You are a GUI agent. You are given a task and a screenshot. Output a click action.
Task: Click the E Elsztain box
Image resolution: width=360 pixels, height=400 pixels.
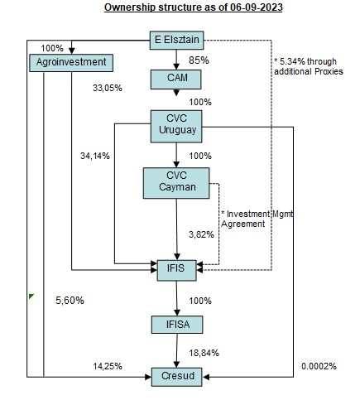pos(176,41)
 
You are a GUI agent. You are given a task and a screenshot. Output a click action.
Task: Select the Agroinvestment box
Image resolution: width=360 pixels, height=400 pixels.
pos(71,63)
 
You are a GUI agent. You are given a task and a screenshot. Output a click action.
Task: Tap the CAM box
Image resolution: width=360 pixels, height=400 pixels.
pos(175,80)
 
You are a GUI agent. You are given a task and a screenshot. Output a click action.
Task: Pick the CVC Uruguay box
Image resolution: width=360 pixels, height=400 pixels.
pos(176,127)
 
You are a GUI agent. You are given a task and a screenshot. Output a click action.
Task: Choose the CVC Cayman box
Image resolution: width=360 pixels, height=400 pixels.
pos(176,183)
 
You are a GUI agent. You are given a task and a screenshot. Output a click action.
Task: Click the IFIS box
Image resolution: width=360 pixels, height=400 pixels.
pos(176,270)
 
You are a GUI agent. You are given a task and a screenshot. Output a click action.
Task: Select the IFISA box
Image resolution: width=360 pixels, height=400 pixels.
pos(177,325)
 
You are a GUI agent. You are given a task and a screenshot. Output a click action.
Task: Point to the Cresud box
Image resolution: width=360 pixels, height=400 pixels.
pos(177,377)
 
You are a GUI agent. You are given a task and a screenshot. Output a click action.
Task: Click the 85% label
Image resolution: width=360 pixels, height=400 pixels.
pos(199,60)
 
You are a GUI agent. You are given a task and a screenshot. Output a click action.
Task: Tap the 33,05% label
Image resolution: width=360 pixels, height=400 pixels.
pos(108,88)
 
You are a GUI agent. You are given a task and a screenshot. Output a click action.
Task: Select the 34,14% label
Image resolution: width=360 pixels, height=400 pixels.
pos(95,156)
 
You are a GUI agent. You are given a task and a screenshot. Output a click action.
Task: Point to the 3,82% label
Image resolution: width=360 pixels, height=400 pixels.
pos(201,234)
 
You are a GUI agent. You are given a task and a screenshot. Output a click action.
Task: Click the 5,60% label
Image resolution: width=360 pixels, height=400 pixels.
pos(70,301)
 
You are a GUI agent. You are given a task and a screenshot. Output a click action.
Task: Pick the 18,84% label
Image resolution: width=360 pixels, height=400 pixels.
pos(204,353)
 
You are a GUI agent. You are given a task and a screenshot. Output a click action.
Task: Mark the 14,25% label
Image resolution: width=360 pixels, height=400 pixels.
pos(108,366)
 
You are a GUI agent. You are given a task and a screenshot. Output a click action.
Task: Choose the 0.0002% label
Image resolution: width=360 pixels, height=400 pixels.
pos(319,366)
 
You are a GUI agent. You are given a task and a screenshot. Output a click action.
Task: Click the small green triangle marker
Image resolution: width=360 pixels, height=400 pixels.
pos(31,296)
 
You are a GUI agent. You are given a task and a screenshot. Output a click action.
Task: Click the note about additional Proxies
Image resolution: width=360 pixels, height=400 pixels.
pos(309,66)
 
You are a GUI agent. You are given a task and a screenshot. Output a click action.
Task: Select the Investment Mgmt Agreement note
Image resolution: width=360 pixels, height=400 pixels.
pos(257,219)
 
